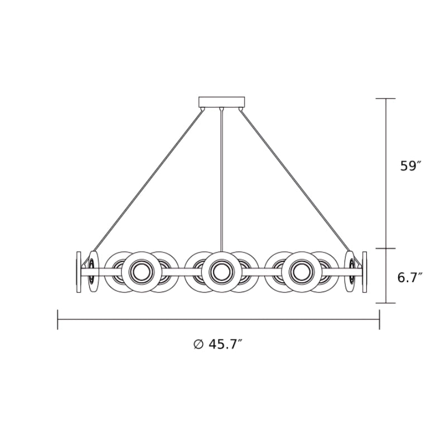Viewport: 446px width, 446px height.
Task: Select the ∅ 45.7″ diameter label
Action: pyautogui.click(x=217, y=344)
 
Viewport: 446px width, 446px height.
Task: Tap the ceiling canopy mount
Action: pyautogui.click(x=222, y=101)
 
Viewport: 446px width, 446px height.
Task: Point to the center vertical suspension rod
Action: pyautogui.click(x=222, y=178)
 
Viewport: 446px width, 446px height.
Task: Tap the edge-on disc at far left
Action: pyautogui.click(x=79, y=272)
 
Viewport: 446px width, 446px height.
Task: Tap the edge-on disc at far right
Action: pyautogui.click(x=365, y=272)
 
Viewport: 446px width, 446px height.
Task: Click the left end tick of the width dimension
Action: pyautogui.click(x=58, y=319)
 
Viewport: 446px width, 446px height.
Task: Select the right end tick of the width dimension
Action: pyautogui.click(x=380, y=319)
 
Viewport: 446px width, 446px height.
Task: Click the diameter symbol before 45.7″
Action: pyautogui.click(x=198, y=344)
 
